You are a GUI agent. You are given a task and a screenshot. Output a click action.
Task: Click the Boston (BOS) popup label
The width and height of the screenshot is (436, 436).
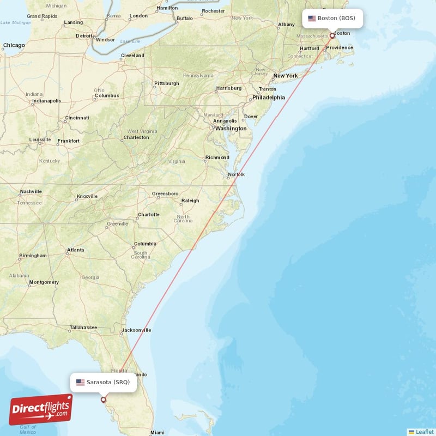coord(332,18)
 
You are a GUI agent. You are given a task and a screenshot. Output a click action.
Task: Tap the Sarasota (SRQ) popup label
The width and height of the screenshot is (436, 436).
coord(104,382)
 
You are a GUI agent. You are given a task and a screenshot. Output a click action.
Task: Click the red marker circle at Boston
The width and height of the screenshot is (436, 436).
coord(332,36)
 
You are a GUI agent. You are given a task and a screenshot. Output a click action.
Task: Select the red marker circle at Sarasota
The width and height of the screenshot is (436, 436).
coord(104,399)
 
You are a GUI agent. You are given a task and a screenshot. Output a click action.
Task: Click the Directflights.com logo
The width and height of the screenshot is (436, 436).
coord(40,409)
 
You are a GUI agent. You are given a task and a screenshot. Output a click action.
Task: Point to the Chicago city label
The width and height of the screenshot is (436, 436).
coord(14,45)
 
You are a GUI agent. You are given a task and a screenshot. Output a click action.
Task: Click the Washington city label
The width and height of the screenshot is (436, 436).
coord(231,129)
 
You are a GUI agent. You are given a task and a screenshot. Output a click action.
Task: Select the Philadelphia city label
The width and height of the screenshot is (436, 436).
coord(268,98)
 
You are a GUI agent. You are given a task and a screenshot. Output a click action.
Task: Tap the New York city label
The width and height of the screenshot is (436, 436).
coord(286,76)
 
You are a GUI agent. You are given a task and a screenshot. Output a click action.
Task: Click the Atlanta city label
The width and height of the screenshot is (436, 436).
coord(75,250)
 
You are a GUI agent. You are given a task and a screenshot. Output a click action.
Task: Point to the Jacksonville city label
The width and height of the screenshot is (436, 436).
coord(136,330)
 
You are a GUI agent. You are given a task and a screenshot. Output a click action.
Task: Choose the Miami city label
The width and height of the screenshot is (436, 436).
coord(157,433)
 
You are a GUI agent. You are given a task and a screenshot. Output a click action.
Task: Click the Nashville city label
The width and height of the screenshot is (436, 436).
coord(31,191)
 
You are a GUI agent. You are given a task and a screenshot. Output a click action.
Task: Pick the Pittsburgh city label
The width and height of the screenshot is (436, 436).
coord(166,83)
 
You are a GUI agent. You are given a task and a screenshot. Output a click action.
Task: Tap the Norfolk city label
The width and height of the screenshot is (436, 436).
coord(237,174)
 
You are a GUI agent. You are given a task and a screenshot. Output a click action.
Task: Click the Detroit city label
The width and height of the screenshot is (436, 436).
coord(84,36)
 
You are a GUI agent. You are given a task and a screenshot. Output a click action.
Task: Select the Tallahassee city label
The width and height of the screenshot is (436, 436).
coord(83,328)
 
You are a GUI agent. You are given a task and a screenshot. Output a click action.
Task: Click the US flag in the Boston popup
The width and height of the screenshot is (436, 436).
coord(312,18)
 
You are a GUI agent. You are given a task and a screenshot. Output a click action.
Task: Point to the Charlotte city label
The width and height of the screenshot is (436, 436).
coord(149,215)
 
